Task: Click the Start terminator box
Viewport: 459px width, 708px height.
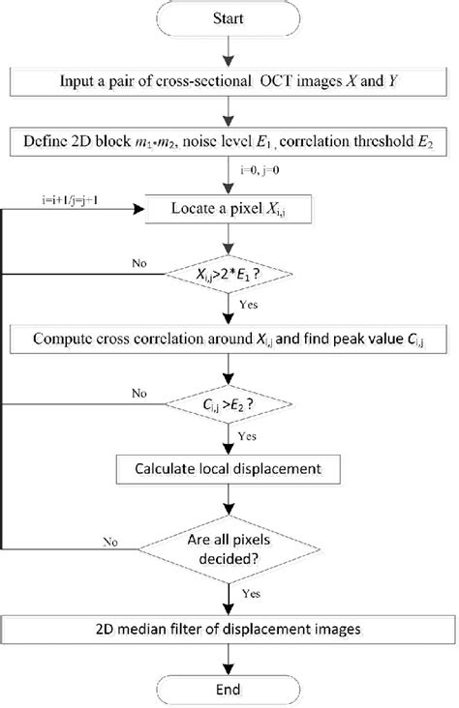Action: coord(228,18)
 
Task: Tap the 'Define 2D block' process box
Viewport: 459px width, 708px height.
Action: coord(229,144)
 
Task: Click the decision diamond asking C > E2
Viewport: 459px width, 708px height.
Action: coord(229,406)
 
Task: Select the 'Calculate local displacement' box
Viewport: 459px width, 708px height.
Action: coord(229,471)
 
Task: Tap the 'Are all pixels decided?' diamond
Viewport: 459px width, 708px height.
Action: coord(229,547)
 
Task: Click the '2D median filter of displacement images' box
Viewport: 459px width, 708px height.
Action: coord(229,627)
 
